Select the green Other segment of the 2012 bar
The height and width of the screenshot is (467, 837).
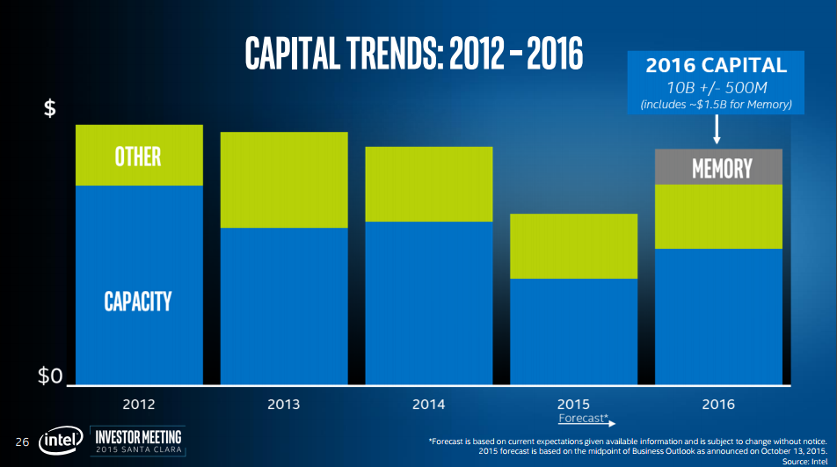139,156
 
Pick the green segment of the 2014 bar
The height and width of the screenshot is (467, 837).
429,184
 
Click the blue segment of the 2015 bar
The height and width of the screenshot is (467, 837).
573,331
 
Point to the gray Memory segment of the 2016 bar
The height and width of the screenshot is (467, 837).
718,167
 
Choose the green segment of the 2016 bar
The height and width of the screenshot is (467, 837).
718,216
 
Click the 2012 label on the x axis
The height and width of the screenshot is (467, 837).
139,404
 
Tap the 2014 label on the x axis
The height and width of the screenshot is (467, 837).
429,404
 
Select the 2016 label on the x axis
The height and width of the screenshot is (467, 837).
718,404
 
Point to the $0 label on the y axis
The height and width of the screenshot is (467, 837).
50,377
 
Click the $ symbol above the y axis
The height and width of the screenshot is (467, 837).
50,109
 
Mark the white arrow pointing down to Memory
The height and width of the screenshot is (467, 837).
717,130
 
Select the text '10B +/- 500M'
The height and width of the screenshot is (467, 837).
717,88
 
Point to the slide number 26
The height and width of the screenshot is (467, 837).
23,440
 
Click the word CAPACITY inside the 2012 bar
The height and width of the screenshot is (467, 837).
138,301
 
